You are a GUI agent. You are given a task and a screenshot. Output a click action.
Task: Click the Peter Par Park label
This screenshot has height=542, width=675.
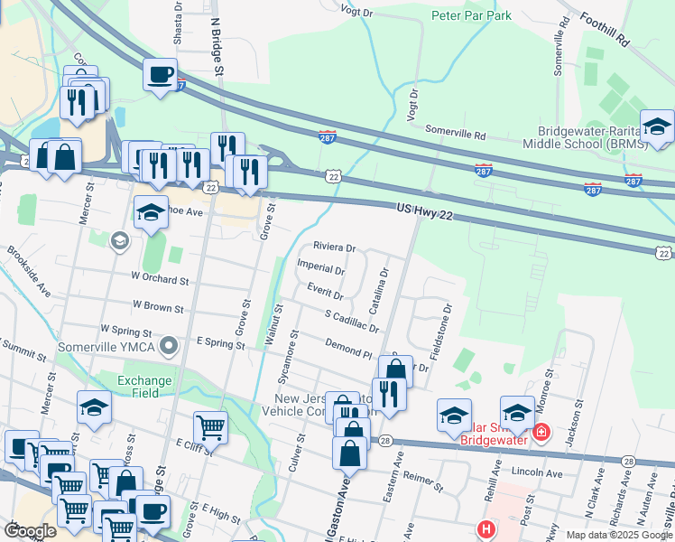pos(471,15)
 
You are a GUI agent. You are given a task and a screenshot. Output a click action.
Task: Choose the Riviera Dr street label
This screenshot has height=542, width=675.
pos(335,247)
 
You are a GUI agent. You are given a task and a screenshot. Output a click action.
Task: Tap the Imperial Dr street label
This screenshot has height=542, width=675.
pos(321,270)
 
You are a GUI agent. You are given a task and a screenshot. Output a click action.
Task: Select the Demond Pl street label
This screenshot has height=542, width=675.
pos(349,349)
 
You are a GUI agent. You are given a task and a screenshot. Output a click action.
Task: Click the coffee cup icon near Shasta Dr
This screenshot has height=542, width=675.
pos(160,75)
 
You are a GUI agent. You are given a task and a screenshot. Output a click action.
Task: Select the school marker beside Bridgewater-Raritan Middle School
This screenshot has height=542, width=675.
pos(657,127)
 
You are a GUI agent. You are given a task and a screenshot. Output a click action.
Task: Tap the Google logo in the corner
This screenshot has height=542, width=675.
pos(30,531)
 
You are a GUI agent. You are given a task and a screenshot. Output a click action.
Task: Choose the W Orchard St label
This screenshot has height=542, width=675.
pos(160,279)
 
